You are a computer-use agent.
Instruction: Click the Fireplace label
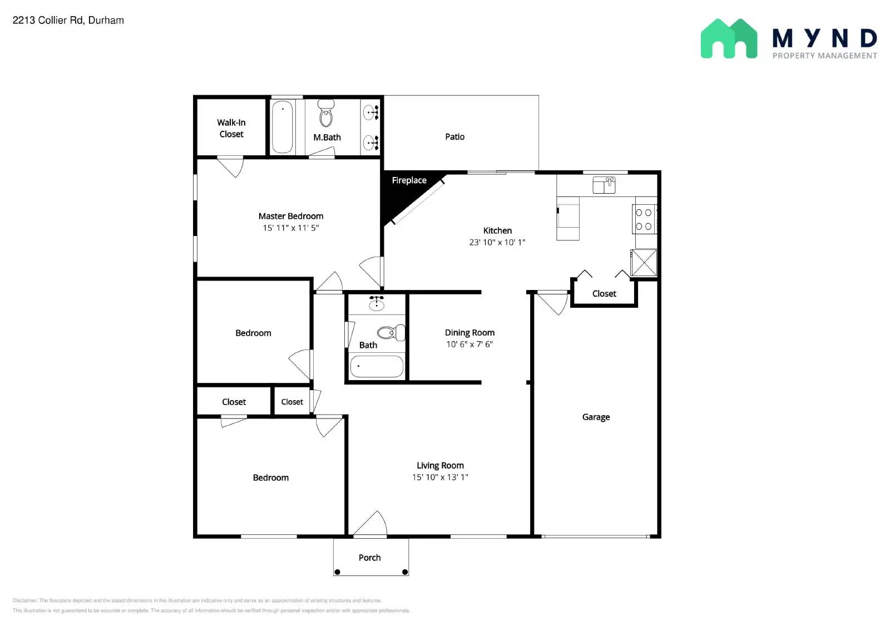pos(409,180)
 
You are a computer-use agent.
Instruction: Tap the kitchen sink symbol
pos(604,185)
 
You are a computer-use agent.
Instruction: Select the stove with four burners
pos(644,219)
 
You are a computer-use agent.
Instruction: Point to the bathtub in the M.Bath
pos(283,126)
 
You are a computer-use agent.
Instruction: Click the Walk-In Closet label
pos(231,128)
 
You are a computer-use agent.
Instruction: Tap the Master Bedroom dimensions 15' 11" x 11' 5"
pos(290,228)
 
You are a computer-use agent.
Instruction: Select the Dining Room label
pos(469,332)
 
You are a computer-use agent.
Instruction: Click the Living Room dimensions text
pos(440,477)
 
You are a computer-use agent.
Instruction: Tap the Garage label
pos(596,417)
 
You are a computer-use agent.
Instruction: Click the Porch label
pos(369,558)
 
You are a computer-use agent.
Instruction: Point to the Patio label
pos(454,137)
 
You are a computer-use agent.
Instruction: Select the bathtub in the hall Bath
pos(377,366)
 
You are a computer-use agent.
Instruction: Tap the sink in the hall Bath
pos(377,304)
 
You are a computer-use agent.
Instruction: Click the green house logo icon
pos(729,38)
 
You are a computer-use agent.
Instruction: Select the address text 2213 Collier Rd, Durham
pos(68,21)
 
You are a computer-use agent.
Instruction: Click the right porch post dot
pos(405,572)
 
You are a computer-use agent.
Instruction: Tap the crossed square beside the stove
pos(644,263)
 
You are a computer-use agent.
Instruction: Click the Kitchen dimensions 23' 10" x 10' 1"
pos(497,242)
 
